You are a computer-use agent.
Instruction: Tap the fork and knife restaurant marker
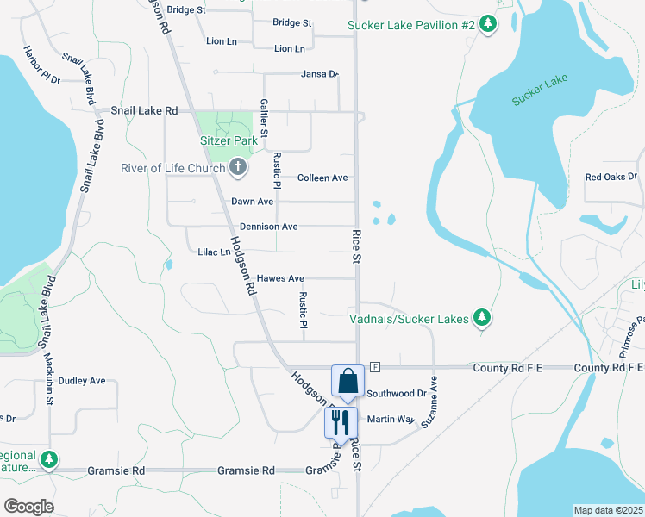(341, 423)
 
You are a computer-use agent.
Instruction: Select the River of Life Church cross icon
(238, 167)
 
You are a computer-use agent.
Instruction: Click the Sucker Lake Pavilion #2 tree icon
(489, 24)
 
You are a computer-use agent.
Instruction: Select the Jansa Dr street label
(319, 74)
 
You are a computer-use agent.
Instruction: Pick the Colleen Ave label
(322, 178)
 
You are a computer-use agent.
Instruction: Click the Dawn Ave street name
(252, 202)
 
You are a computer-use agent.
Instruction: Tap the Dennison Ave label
(268, 227)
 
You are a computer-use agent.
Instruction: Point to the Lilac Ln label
(215, 252)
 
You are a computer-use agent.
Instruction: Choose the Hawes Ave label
(280, 278)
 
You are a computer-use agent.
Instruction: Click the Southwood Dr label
(397, 394)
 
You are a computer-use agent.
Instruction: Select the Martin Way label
(391, 419)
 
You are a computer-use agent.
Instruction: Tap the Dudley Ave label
(82, 380)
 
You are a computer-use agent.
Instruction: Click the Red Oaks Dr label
(611, 178)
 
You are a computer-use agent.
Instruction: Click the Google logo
(28, 507)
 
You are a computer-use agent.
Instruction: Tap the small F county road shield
(375, 367)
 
